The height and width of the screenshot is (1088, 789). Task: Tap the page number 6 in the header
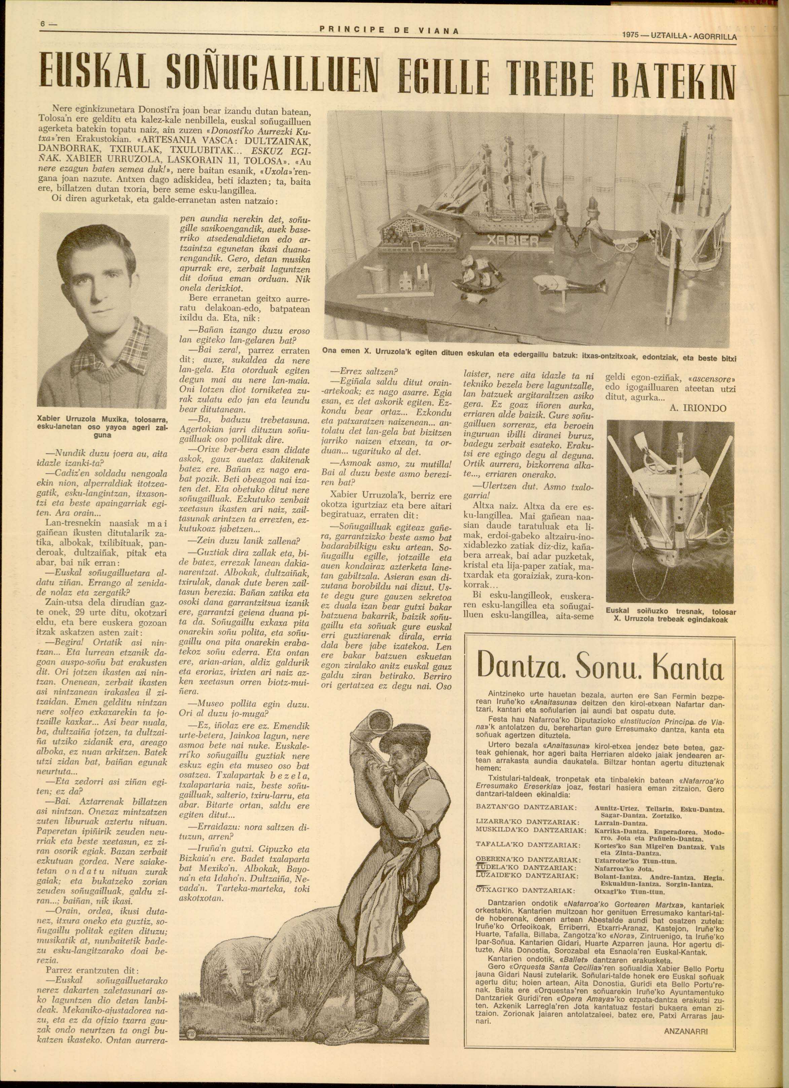(43, 23)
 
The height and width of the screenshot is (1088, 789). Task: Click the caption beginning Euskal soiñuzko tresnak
(671, 616)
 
